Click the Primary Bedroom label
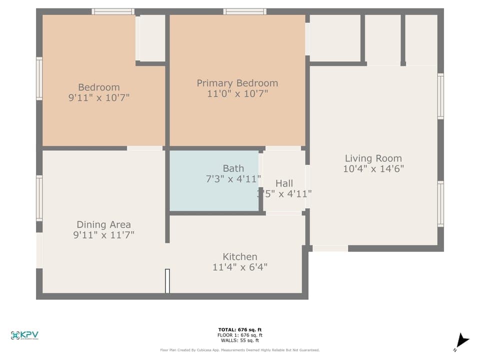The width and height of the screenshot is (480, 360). click(237, 83)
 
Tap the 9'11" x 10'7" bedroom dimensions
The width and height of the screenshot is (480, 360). click(99, 98)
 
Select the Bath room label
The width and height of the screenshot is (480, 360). click(233, 168)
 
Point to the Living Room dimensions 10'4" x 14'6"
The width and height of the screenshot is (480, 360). click(373, 169)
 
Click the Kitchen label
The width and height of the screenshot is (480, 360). click(240, 256)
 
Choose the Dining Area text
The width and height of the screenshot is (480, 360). click(103, 224)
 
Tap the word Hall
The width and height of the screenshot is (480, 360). click(284, 183)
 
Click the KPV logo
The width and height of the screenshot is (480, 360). click(24, 335)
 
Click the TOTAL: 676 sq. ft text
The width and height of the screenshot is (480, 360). click(240, 329)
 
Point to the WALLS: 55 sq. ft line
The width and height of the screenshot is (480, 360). click(240, 340)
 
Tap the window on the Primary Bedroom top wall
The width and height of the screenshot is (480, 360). click(244, 11)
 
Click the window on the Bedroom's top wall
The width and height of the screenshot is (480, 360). click(113, 11)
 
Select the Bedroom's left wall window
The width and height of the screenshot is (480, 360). click(39, 78)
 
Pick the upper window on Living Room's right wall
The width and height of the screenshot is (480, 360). click(440, 96)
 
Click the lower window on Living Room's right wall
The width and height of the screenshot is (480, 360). click(440, 203)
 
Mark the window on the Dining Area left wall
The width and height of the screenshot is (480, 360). click(39, 198)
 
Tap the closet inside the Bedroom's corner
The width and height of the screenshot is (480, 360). click(152, 38)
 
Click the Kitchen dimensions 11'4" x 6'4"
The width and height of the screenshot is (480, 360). click(240, 267)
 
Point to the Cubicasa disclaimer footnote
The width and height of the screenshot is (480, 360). click(240, 350)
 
